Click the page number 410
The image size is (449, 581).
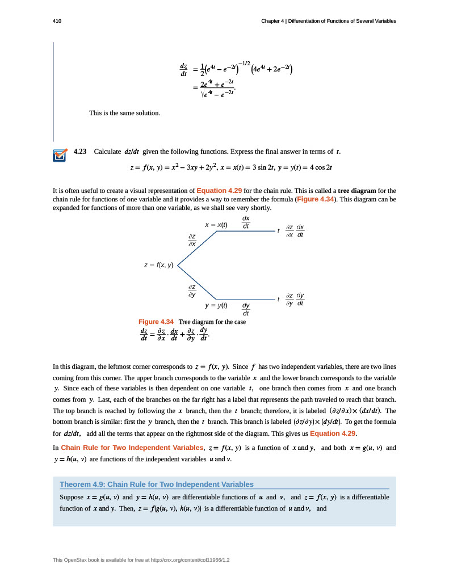pyautogui.click(x=57, y=21)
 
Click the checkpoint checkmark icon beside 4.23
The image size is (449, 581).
pyautogui.click(x=60, y=155)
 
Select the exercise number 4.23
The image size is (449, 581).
pyautogui.click(x=80, y=151)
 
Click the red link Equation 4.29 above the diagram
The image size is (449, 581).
pyautogui.click(x=219, y=191)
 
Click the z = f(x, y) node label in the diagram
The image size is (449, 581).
pyautogui.click(x=159, y=265)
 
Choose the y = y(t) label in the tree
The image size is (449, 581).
pyautogui.click(x=216, y=305)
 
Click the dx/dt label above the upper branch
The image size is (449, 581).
pyautogui.click(x=246, y=222)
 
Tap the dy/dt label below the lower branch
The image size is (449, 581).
pyautogui.click(x=246, y=309)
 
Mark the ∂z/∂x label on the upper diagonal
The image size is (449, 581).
pyautogui.click(x=192, y=239)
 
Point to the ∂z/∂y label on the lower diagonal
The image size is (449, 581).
pyautogui.click(x=192, y=290)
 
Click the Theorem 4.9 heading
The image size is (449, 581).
pyautogui.click(x=157, y=484)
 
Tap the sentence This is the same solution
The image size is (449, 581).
pyautogui.click(x=125, y=113)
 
